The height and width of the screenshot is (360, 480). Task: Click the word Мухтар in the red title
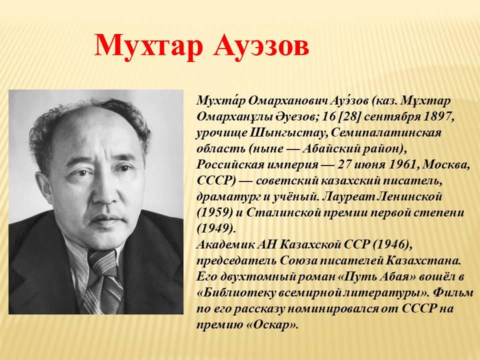[149, 46]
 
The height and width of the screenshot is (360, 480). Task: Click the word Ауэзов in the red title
[261, 46]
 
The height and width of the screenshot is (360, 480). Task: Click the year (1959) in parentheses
[215, 212]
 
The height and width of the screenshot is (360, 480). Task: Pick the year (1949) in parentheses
[215, 228]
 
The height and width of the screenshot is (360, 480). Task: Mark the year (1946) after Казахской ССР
[391, 244]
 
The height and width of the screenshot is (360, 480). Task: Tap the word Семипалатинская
[386, 132]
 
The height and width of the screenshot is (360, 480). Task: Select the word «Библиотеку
[236, 292]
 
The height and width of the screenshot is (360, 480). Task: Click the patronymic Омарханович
[287, 100]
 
